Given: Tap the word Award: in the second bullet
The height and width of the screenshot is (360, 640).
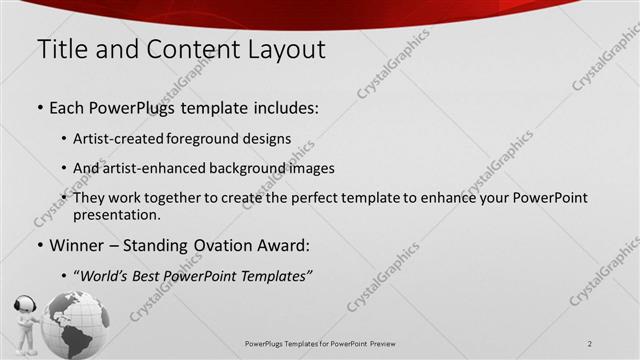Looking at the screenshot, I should (286, 245).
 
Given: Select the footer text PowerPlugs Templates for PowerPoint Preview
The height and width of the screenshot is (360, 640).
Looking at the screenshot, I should (320, 344).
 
